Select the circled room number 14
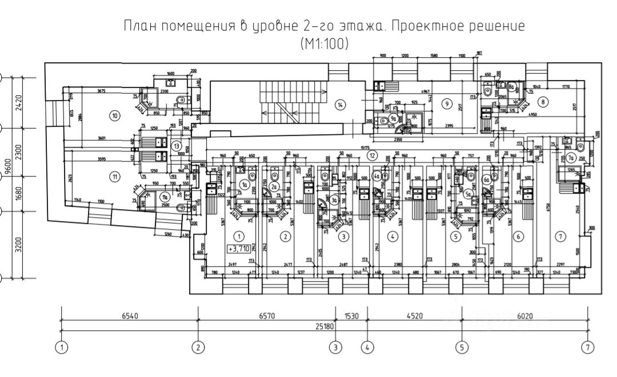(340, 105)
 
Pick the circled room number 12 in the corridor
(372, 154)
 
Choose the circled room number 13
(177, 146)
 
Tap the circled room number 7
(560, 236)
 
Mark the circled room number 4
(392, 235)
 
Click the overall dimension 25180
(323, 326)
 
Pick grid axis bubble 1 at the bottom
(61, 346)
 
